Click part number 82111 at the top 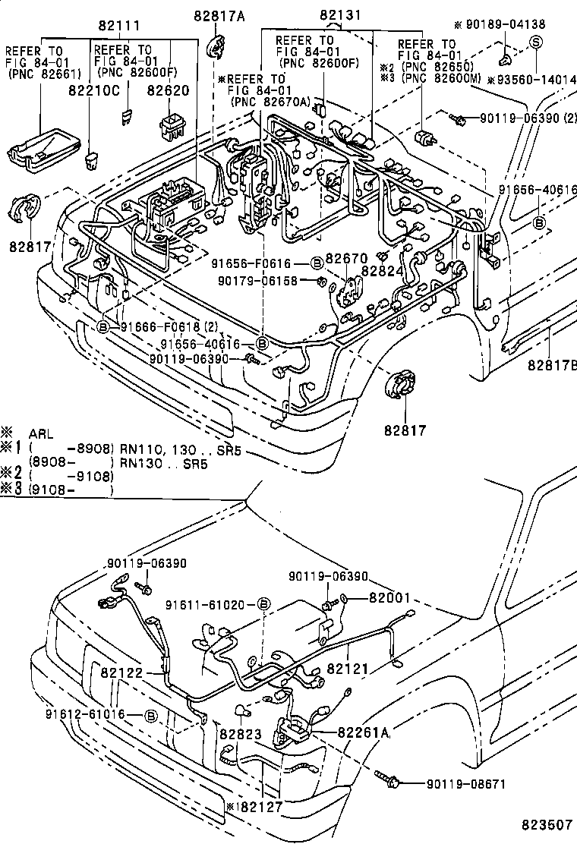click(118, 26)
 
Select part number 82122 click(122, 671)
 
